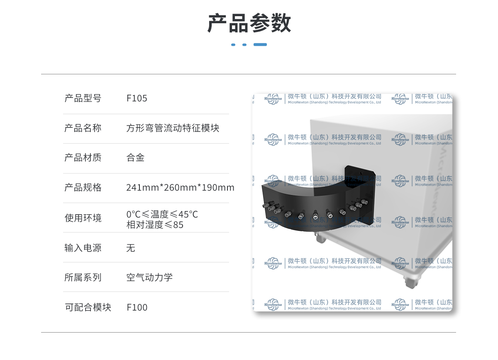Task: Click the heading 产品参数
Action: (249, 23)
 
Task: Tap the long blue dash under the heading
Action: (260, 44)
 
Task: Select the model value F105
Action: (137, 98)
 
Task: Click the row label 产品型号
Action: (83, 98)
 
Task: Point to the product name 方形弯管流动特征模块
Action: (173, 128)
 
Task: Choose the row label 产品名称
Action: (83, 128)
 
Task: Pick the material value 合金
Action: (135, 157)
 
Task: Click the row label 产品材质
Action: (83, 157)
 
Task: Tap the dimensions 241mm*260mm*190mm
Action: (180, 188)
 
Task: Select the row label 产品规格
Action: (83, 188)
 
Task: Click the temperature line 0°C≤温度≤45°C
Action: (162, 214)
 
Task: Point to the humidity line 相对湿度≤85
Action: (155, 225)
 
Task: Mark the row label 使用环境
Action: (83, 218)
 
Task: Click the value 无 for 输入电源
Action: (131, 248)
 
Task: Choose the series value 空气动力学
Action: (149, 277)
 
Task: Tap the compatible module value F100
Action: (137, 308)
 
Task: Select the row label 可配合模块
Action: (88, 307)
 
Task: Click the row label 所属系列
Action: (83, 277)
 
